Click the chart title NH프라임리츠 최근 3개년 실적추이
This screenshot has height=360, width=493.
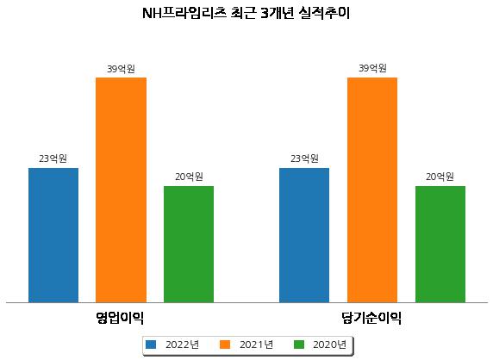pyautogui.click(x=246, y=13)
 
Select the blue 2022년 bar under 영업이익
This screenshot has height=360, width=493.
pyautogui.click(x=53, y=235)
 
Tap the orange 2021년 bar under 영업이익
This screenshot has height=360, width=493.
pyautogui.click(x=121, y=190)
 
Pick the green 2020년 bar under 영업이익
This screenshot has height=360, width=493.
pyautogui.click(x=189, y=245)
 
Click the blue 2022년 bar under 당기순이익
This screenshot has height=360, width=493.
pyautogui.click(x=304, y=235)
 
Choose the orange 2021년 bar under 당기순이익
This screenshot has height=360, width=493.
pyautogui.click(x=372, y=190)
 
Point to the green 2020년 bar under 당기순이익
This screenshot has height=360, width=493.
pyautogui.click(x=440, y=245)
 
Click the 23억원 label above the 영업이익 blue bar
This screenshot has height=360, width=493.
pyautogui.click(x=53, y=158)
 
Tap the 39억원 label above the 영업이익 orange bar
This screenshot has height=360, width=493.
pyautogui.click(x=121, y=69)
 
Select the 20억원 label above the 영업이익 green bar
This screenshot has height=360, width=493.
pyautogui.click(x=189, y=177)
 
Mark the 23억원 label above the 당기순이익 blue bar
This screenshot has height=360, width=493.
pyautogui.click(x=304, y=158)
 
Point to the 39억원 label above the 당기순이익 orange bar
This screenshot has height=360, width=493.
pyautogui.click(x=372, y=68)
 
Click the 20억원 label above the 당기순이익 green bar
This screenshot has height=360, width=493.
pyautogui.click(x=440, y=177)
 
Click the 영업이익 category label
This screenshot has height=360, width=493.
pyautogui.click(x=120, y=318)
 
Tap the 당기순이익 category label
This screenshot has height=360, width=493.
pyautogui.click(x=371, y=318)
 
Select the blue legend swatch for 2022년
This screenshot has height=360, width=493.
pyautogui.click(x=151, y=344)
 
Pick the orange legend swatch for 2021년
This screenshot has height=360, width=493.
pyautogui.click(x=225, y=344)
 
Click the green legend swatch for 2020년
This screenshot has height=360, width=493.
pyautogui.click(x=299, y=344)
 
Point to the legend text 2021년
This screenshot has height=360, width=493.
pyautogui.click(x=256, y=344)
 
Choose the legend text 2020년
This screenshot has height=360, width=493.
pyautogui.click(x=330, y=344)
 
